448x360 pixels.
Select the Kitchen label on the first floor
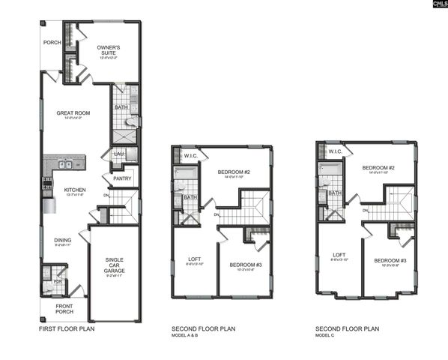pyautogui.click(x=73, y=190)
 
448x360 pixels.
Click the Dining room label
pyautogui.click(x=63, y=241)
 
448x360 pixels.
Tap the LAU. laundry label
pyautogui.click(x=118, y=154)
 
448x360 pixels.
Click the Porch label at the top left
pyautogui.click(x=51, y=42)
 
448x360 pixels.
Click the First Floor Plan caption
pyautogui.click(x=67, y=328)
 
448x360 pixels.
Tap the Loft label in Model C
pyautogui.click(x=338, y=255)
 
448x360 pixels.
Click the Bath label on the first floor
pyautogui.click(x=121, y=108)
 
